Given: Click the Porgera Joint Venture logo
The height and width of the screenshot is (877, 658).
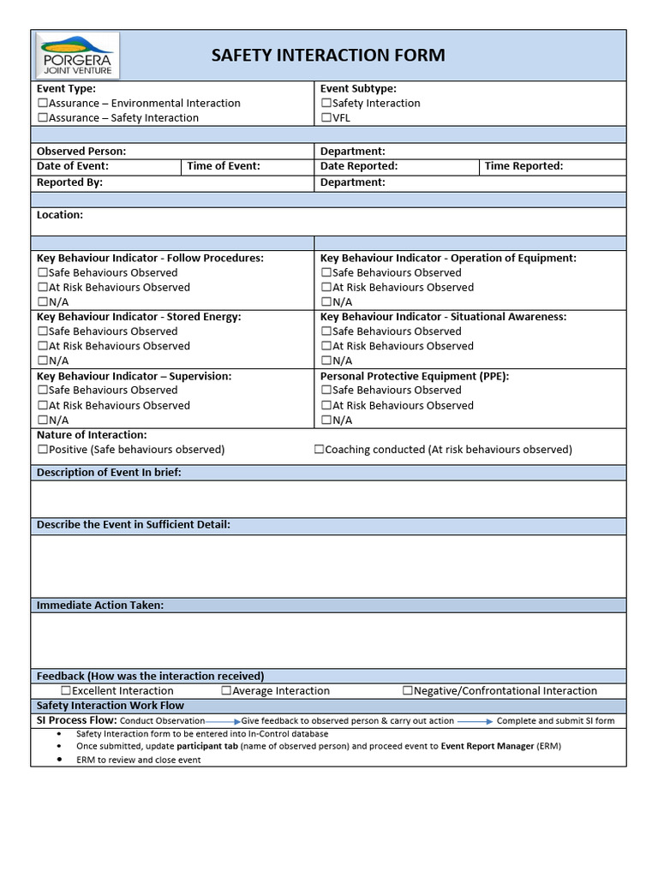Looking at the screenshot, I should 78,56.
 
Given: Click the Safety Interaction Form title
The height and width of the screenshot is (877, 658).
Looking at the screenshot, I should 328,56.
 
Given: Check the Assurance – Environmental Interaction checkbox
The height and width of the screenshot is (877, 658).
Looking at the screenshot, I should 42,103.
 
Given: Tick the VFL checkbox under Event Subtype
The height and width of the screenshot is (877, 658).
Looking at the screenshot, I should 326,118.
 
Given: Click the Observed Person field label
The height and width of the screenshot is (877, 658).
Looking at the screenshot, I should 81,152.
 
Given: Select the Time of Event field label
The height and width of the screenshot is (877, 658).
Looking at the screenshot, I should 224,166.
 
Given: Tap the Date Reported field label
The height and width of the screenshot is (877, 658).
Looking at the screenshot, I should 359,166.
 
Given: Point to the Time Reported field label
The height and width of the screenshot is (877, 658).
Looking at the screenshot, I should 523,166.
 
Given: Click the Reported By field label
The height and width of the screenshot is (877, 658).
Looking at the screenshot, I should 69,182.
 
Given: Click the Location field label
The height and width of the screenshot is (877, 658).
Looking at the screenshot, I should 60,215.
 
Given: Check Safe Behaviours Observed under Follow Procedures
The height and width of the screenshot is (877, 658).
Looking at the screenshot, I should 42,272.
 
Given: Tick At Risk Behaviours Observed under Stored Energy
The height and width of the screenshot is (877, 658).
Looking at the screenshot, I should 42,346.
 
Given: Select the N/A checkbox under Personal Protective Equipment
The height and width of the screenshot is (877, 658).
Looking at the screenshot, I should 326,421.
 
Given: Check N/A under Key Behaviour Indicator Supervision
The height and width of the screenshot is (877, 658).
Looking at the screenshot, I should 42,421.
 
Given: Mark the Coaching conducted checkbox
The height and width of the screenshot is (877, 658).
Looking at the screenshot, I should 319,450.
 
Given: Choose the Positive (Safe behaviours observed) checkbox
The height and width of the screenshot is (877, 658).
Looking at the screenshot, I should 42,450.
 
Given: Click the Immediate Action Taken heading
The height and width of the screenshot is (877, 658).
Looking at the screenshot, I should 100,606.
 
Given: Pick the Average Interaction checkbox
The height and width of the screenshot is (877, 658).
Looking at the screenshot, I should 226,690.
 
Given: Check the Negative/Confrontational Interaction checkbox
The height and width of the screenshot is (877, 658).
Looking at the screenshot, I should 408,690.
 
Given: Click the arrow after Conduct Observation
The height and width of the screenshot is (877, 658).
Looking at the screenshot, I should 223,721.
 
